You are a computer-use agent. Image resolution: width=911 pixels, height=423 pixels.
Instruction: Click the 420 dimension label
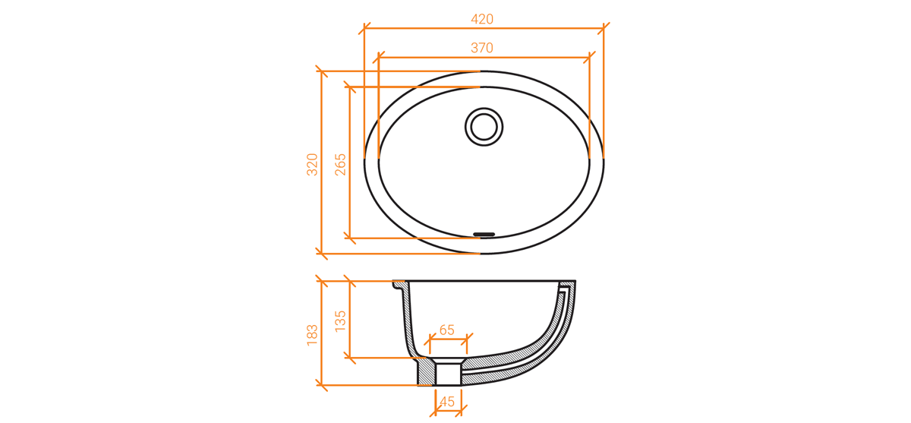click(482, 19)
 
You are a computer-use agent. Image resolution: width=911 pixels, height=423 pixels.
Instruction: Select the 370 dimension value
click(482, 48)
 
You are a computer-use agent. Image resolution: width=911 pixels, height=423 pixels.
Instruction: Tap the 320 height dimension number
click(312, 164)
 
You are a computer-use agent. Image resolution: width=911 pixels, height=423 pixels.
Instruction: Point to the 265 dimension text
click(340, 164)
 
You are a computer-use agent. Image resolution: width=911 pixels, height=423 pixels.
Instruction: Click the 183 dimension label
click(312, 335)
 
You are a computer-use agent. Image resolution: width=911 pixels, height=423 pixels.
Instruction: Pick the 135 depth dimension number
click(340, 321)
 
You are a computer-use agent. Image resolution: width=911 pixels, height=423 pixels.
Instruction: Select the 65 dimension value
click(447, 330)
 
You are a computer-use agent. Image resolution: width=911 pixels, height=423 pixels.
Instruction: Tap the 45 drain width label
click(447, 402)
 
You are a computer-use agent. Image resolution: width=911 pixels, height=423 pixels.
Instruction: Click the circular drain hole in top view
click(484, 127)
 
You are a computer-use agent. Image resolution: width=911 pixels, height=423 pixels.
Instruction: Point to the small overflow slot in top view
click(484, 234)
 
